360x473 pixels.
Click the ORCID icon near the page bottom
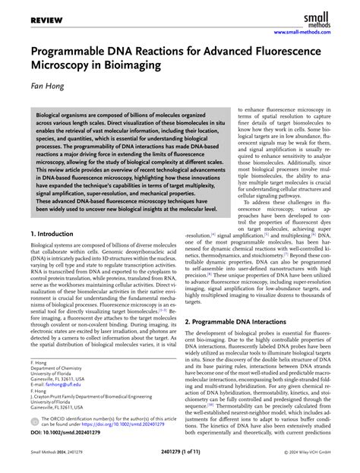[x=35, y=424]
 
